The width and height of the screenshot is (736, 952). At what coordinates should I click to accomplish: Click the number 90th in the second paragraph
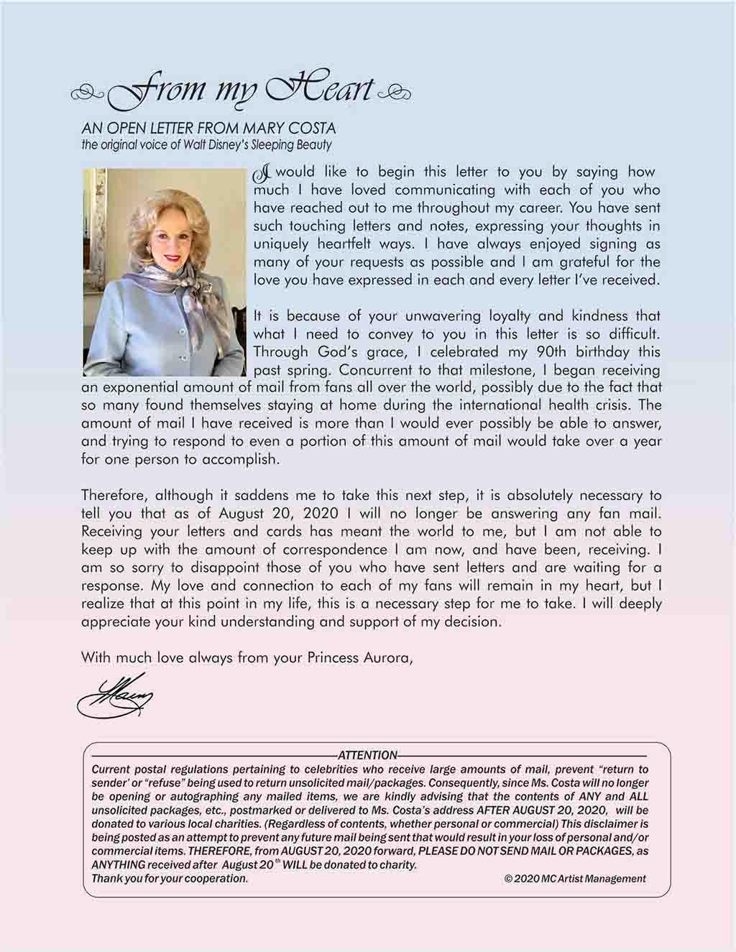pos(554,352)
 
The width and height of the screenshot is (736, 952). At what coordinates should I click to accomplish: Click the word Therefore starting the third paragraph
pos(111,496)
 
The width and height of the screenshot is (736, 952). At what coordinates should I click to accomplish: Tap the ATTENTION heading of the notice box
pos(367,755)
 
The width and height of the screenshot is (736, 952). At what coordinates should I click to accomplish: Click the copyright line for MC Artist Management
pos(575,879)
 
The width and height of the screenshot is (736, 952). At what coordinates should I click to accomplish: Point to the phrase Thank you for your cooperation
pos(170,879)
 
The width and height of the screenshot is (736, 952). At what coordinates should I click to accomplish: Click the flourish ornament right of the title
pos(397,92)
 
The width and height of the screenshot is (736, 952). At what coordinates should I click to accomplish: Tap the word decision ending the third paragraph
pos(470,621)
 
